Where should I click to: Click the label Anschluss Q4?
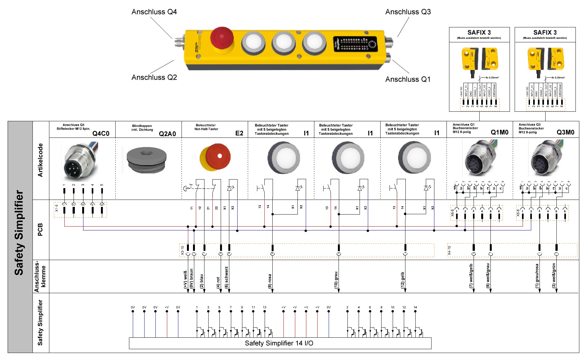(x=154, y=12)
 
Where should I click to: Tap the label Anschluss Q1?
(x=408, y=79)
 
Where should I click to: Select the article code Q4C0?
(x=101, y=134)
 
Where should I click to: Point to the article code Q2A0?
(x=167, y=134)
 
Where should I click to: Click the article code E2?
(x=239, y=133)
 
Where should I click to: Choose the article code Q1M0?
(x=499, y=132)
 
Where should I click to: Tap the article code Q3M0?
(x=565, y=132)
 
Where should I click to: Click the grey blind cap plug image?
(x=146, y=160)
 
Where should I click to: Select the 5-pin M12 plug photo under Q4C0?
(x=80, y=161)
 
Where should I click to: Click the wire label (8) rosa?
(x=270, y=281)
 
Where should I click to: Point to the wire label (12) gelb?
(x=403, y=280)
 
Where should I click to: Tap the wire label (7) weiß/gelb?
(x=471, y=276)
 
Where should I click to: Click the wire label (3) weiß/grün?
(x=554, y=276)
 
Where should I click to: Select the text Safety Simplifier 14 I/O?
(x=279, y=343)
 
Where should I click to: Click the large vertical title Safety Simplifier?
(x=19, y=233)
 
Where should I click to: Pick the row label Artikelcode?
(x=40, y=160)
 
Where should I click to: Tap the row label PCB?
(x=40, y=229)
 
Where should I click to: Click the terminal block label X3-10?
(x=182, y=251)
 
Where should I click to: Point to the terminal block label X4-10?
(x=449, y=251)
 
